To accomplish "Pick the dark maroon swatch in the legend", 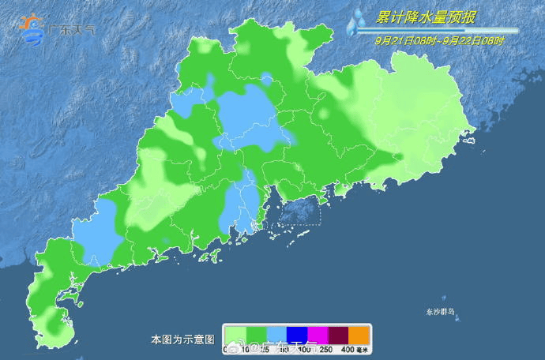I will pos(337,335).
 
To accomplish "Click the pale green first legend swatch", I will pos(235,335).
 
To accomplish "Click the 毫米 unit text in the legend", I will pos(363,350).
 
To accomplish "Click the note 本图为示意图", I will pos(182,339).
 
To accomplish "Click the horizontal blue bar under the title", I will pos(442,31).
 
